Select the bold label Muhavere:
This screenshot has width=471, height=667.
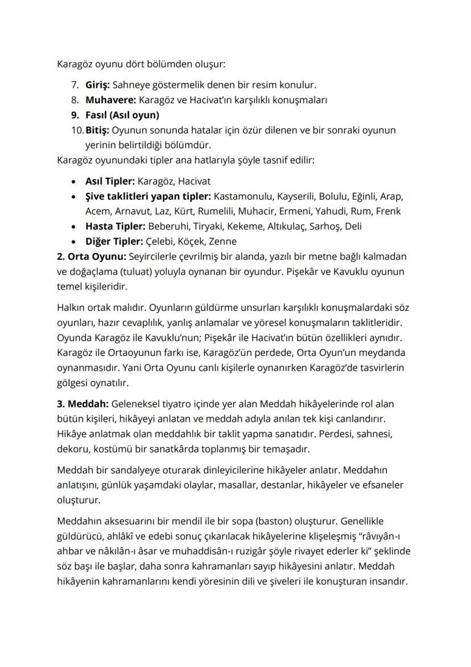[x=109, y=100]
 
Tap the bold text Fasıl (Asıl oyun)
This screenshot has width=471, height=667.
[x=122, y=115]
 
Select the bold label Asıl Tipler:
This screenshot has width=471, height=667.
[x=110, y=182]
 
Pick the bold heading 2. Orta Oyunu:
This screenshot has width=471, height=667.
[x=92, y=256]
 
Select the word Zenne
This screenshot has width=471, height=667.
[x=223, y=241]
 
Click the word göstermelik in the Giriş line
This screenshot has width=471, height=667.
[x=177, y=85]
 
